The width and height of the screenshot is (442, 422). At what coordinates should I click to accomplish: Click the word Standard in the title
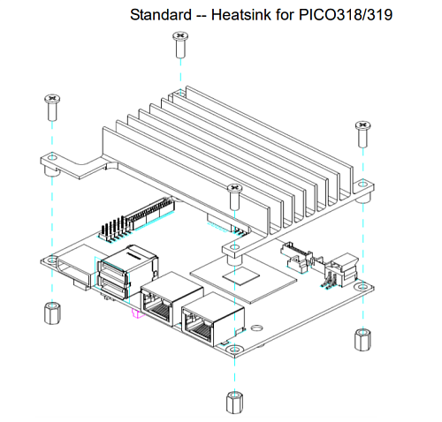point(161,15)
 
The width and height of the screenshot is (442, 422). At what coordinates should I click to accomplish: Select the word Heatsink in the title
point(241,15)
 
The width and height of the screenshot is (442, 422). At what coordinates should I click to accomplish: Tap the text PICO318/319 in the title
point(346,15)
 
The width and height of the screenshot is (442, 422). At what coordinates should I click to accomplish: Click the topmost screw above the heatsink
point(180,45)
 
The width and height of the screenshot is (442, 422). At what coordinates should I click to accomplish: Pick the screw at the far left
point(52,108)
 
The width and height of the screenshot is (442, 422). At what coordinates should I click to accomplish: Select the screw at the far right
point(362,134)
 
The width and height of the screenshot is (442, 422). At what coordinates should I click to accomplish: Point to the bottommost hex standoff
point(235,403)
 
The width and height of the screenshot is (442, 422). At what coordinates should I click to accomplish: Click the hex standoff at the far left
point(52,313)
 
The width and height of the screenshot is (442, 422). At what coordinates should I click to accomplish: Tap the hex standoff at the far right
point(362,340)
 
